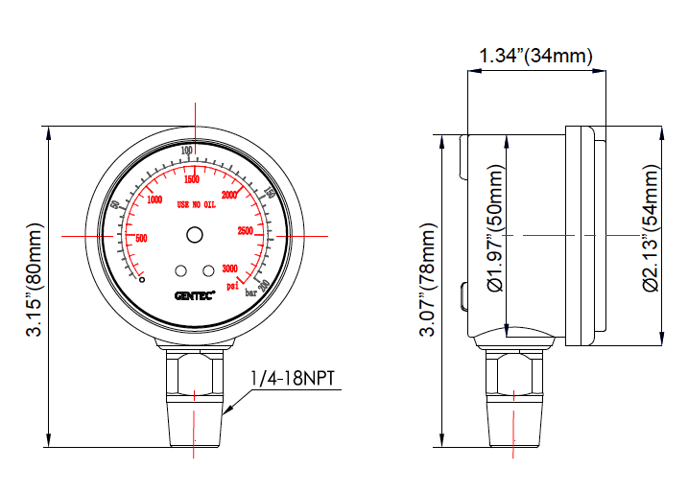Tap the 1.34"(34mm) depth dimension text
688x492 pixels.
point(535,56)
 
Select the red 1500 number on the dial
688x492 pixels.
point(191,179)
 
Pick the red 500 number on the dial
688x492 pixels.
point(142,239)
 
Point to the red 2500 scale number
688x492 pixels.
point(245,231)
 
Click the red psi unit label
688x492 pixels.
point(232,285)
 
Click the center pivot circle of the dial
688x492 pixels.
point(195,235)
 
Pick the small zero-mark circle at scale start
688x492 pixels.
point(142,279)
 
